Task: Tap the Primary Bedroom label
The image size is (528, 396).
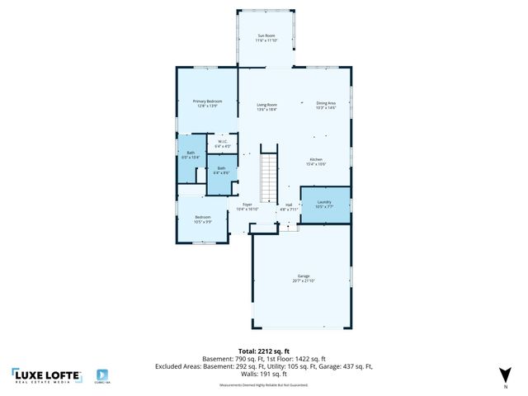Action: (x=195, y=102)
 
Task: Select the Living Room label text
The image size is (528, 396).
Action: (x=266, y=106)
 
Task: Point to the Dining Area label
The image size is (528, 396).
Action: (x=326, y=104)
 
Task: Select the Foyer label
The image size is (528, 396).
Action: (x=247, y=205)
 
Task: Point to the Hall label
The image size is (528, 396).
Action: (x=289, y=205)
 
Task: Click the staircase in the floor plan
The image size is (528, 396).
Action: (x=270, y=174)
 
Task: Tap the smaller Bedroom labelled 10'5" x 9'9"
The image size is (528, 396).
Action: (x=203, y=219)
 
